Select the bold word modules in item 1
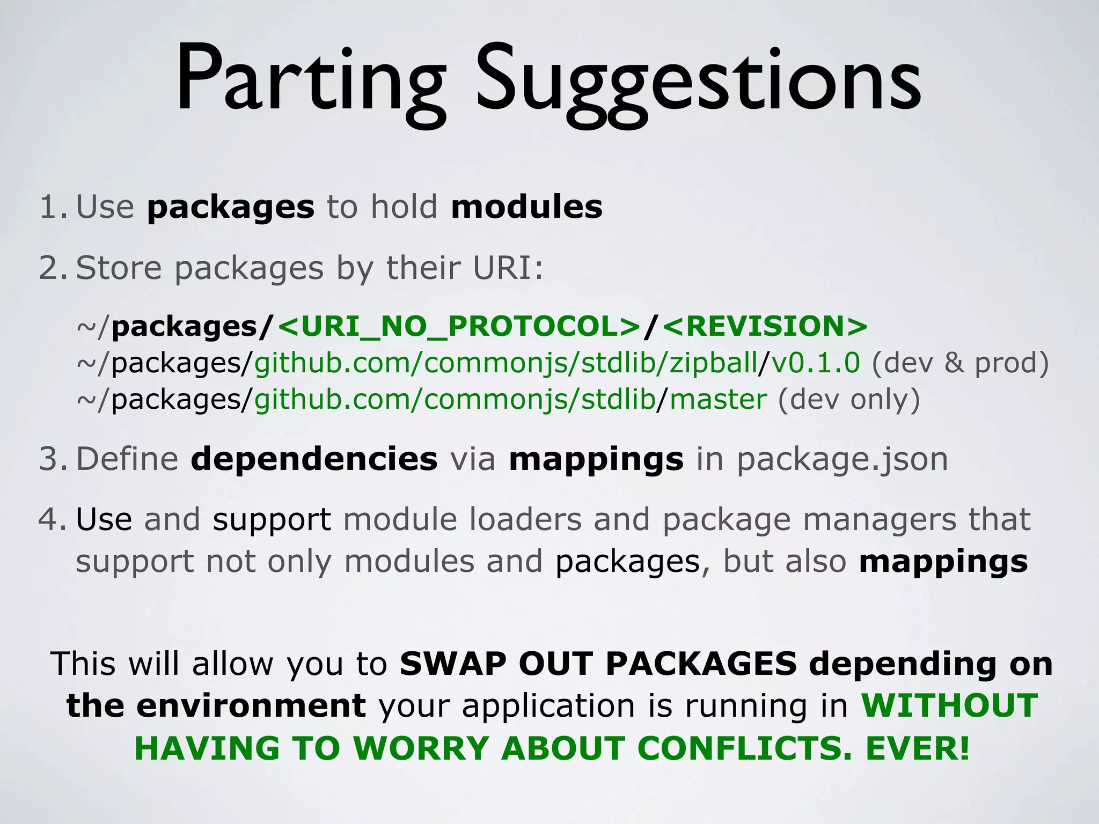[x=527, y=207]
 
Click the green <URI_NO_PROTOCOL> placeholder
[x=459, y=326]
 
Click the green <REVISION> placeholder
[x=765, y=326]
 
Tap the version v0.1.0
[x=816, y=363]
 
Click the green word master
[x=718, y=400]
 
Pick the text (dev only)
[x=849, y=400]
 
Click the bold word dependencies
[x=314, y=459]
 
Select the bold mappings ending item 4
[x=943, y=562]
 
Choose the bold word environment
[x=251, y=705]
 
